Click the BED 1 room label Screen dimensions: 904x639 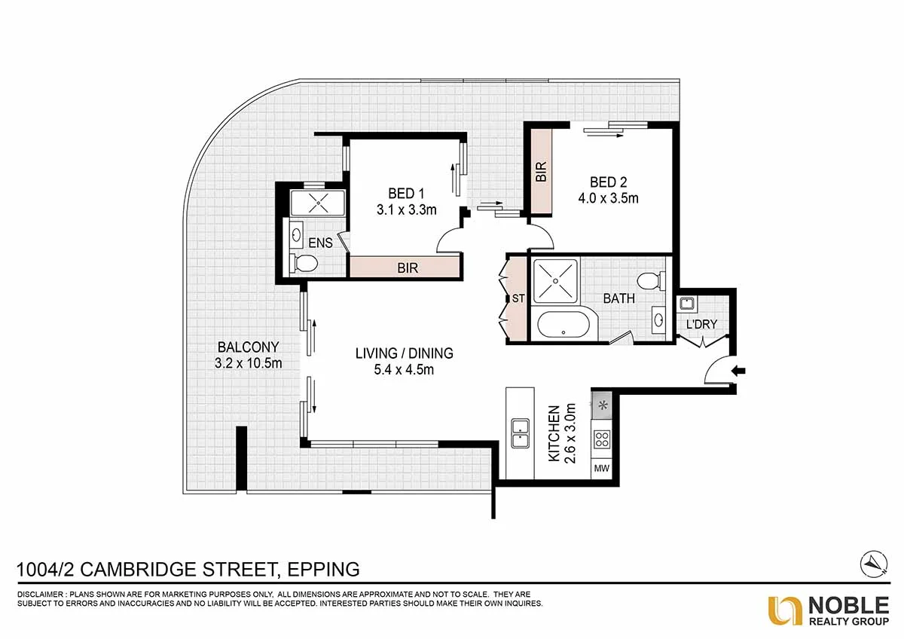(406, 194)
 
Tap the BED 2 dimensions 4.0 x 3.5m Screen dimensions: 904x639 (608, 199)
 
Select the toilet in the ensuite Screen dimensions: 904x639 (304, 264)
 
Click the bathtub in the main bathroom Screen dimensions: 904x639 (563, 324)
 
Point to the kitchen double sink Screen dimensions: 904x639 (521, 433)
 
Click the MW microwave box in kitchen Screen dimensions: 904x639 (601, 469)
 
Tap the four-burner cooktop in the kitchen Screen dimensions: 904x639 (602, 439)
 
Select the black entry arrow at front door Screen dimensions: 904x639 (738, 371)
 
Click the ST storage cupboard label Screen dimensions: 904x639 (518, 298)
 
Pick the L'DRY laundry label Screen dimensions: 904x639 (701, 324)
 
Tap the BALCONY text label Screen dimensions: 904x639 (248, 347)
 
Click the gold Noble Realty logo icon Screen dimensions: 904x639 (784, 611)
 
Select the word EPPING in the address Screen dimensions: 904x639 (323, 569)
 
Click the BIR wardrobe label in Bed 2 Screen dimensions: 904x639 (541, 171)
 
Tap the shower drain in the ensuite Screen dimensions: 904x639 (318, 203)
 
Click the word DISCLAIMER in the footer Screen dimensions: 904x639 (40, 595)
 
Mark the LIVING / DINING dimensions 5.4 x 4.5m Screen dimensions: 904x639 (404, 369)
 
